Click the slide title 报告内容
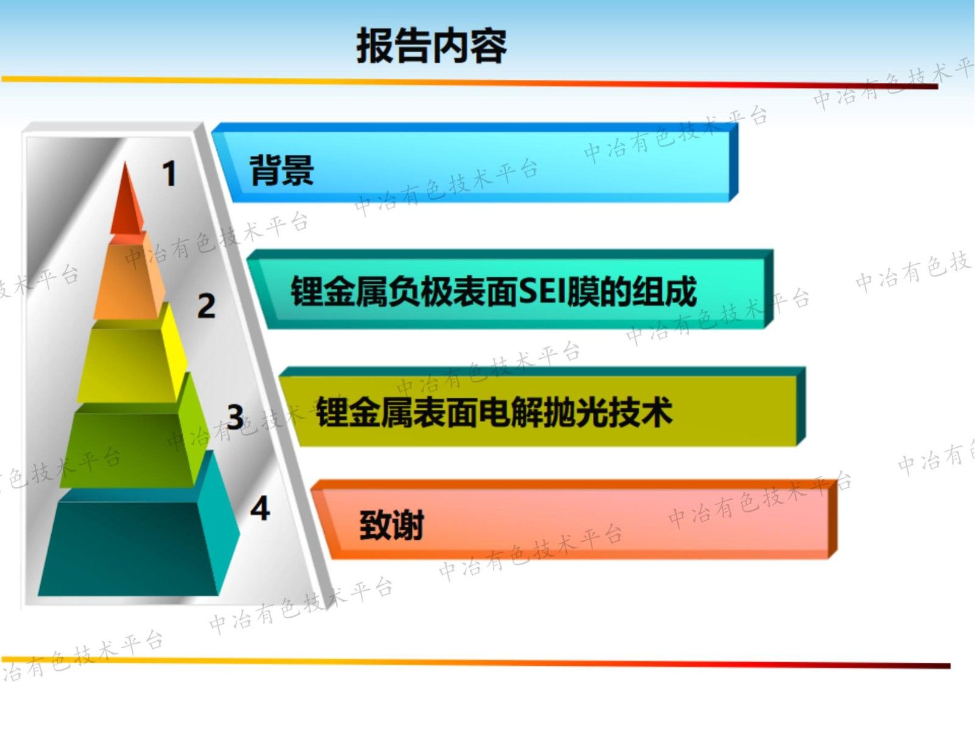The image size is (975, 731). pyautogui.click(x=431, y=46)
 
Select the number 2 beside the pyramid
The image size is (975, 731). pyautogui.click(x=207, y=305)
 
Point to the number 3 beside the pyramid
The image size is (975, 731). pyautogui.click(x=235, y=417)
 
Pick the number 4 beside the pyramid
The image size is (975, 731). pyautogui.click(x=260, y=508)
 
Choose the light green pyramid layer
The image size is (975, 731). pyautogui.click(x=128, y=448)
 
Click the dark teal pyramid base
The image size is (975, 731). pyautogui.click(x=128, y=545)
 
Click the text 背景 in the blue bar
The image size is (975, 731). pyautogui.click(x=282, y=171)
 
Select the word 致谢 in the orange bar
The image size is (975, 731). pyautogui.click(x=391, y=525)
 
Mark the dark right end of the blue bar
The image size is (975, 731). pyautogui.click(x=734, y=161)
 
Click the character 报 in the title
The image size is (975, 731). pyautogui.click(x=375, y=46)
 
